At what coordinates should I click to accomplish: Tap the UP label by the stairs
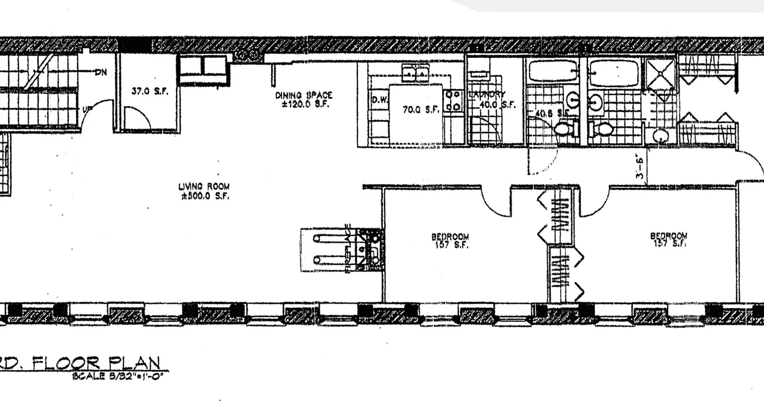[x=87, y=109]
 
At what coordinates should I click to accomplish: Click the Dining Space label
[x=304, y=95]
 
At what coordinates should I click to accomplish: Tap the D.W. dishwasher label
[x=380, y=99]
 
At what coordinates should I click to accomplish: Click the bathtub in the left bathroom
[x=552, y=71]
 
